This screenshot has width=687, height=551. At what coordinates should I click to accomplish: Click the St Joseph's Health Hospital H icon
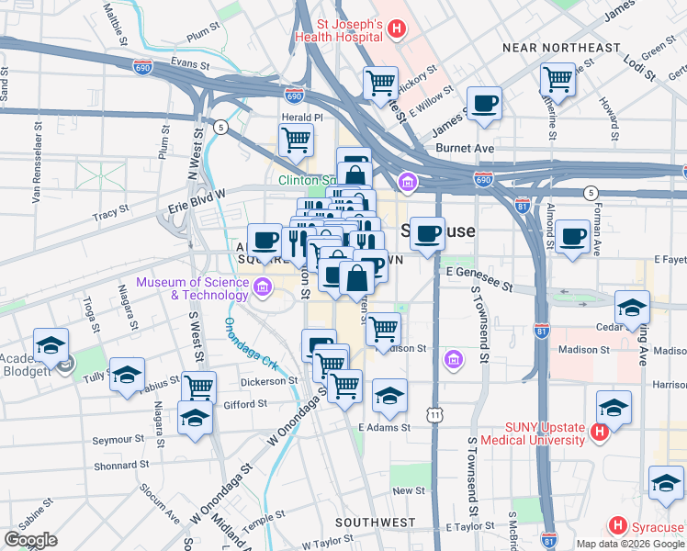[396, 29]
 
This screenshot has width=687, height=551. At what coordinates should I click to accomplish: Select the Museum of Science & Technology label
[192, 288]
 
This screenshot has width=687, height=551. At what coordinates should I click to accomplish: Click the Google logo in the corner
[31, 540]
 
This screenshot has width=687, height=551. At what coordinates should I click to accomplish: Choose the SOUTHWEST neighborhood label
[376, 523]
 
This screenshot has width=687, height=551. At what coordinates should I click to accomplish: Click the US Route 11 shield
[434, 416]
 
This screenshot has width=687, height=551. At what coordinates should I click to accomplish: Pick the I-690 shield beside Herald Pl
[294, 95]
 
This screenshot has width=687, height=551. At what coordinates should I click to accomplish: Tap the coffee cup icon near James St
[484, 103]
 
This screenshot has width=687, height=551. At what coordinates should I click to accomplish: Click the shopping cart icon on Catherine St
[557, 79]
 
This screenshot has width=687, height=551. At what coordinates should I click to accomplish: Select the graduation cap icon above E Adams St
[390, 396]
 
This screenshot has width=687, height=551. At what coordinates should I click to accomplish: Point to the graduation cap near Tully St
[127, 374]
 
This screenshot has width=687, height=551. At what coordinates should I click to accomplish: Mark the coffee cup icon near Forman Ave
[574, 237]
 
